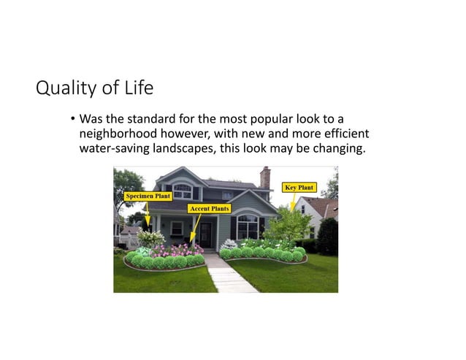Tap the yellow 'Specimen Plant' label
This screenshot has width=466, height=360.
[x=148, y=196]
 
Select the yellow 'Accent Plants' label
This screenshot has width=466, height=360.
[x=210, y=208]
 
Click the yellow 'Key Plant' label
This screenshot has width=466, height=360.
[x=299, y=188]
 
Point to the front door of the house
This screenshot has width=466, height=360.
[x=207, y=234]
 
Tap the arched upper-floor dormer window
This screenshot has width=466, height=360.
[x=183, y=191]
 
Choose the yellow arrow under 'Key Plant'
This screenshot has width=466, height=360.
[x=293, y=201]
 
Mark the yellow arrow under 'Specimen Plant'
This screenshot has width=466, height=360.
[x=148, y=215]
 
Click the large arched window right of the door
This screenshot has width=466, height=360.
[x=247, y=226]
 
